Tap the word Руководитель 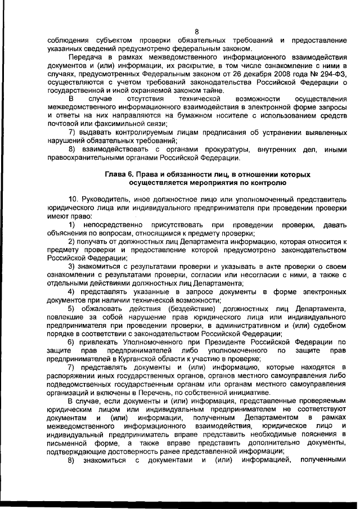click(x=103, y=200)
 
